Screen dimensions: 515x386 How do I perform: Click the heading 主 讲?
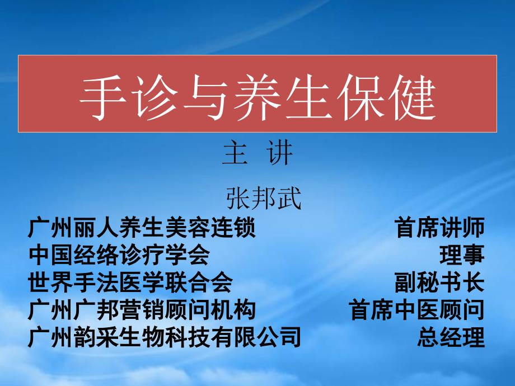[x=257, y=153]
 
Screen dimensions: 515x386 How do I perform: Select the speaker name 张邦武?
[x=264, y=198]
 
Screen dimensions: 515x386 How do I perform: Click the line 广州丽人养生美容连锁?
[x=142, y=227]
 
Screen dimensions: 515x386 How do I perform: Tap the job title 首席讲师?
[x=440, y=227]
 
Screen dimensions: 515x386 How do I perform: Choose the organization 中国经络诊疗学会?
[x=119, y=255]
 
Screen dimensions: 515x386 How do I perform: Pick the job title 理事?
[x=462, y=255]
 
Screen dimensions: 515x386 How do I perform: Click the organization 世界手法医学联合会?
[x=130, y=283]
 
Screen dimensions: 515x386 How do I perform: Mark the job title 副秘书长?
[x=440, y=283]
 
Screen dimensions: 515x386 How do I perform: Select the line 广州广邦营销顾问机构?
[x=142, y=310]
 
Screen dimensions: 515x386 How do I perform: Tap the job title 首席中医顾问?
[x=417, y=310]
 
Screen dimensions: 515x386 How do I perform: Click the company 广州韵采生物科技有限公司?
[x=165, y=337]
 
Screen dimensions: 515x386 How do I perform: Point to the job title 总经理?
[x=451, y=337]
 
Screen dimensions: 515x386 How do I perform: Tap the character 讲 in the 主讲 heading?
[x=279, y=153]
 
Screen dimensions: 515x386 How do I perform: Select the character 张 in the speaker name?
[x=238, y=198]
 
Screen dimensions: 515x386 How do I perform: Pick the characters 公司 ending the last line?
[x=278, y=337]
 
